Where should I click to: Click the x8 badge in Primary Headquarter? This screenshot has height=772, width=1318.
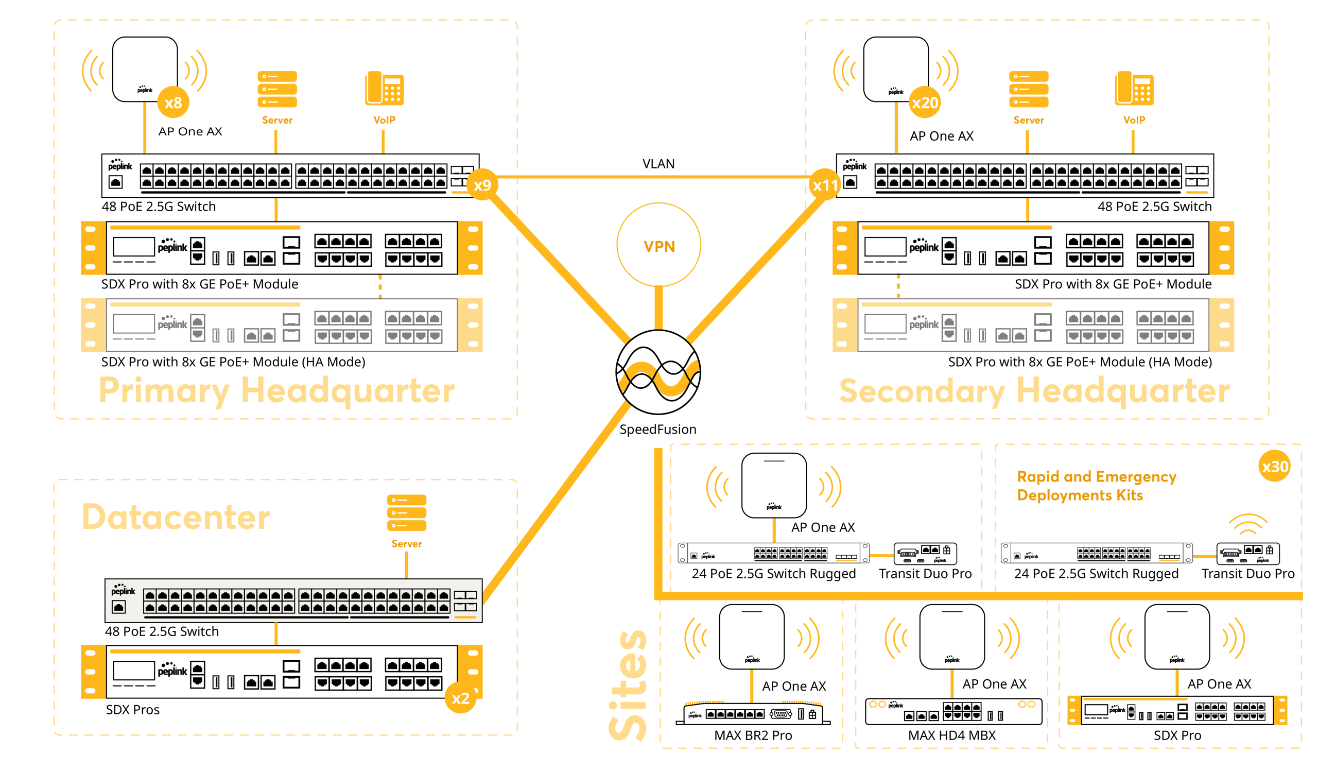pyautogui.click(x=173, y=102)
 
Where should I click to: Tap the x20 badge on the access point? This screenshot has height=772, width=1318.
pyautogui.click(x=925, y=102)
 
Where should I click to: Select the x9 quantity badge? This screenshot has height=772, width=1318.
pyautogui.click(x=482, y=185)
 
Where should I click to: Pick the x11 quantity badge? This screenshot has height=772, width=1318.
pyautogui.click(x=825, y=185)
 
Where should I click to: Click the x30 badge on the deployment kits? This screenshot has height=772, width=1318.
pyautogui.click(x=1275, y=466)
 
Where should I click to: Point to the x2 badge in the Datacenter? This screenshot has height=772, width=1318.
pyautogui.click(x=460, y=698)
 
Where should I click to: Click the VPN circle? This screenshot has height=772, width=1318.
pyautogui.click(x=658, y=245)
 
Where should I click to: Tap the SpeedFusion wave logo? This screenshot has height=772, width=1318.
pyautogui.click(x=658, y=372)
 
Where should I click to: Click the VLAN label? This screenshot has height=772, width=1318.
pyautogui.click(x=658, y=164)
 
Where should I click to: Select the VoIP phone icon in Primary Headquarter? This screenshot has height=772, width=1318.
pyautogui.click(x=385, y=89)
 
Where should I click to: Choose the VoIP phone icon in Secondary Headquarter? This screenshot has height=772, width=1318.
pyautogui.click(x=1134, y=89)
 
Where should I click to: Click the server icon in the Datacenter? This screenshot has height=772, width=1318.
pyautogui.click(x=406, y=512)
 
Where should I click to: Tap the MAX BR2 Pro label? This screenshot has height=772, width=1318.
pyautogui.click(x=753, y=735)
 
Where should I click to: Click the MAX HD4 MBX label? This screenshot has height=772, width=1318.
pyautogui.click(x=952, y=735)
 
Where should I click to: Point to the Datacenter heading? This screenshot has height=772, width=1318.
pyautogui.click(x=176, y=517)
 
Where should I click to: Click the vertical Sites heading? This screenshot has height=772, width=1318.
pyautogui.click(x=628, y=685)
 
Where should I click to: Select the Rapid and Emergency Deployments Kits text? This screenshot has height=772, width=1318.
pyautogui.click(x=1096, y=486)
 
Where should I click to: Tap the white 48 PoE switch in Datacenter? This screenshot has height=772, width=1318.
pyautogui.click(x=293, y=601)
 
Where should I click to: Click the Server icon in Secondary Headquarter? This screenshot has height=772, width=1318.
pyautogui.click(x=1028, y=89)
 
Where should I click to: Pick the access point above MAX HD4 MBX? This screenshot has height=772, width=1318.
pyautogui.click(x=952, y=637)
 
